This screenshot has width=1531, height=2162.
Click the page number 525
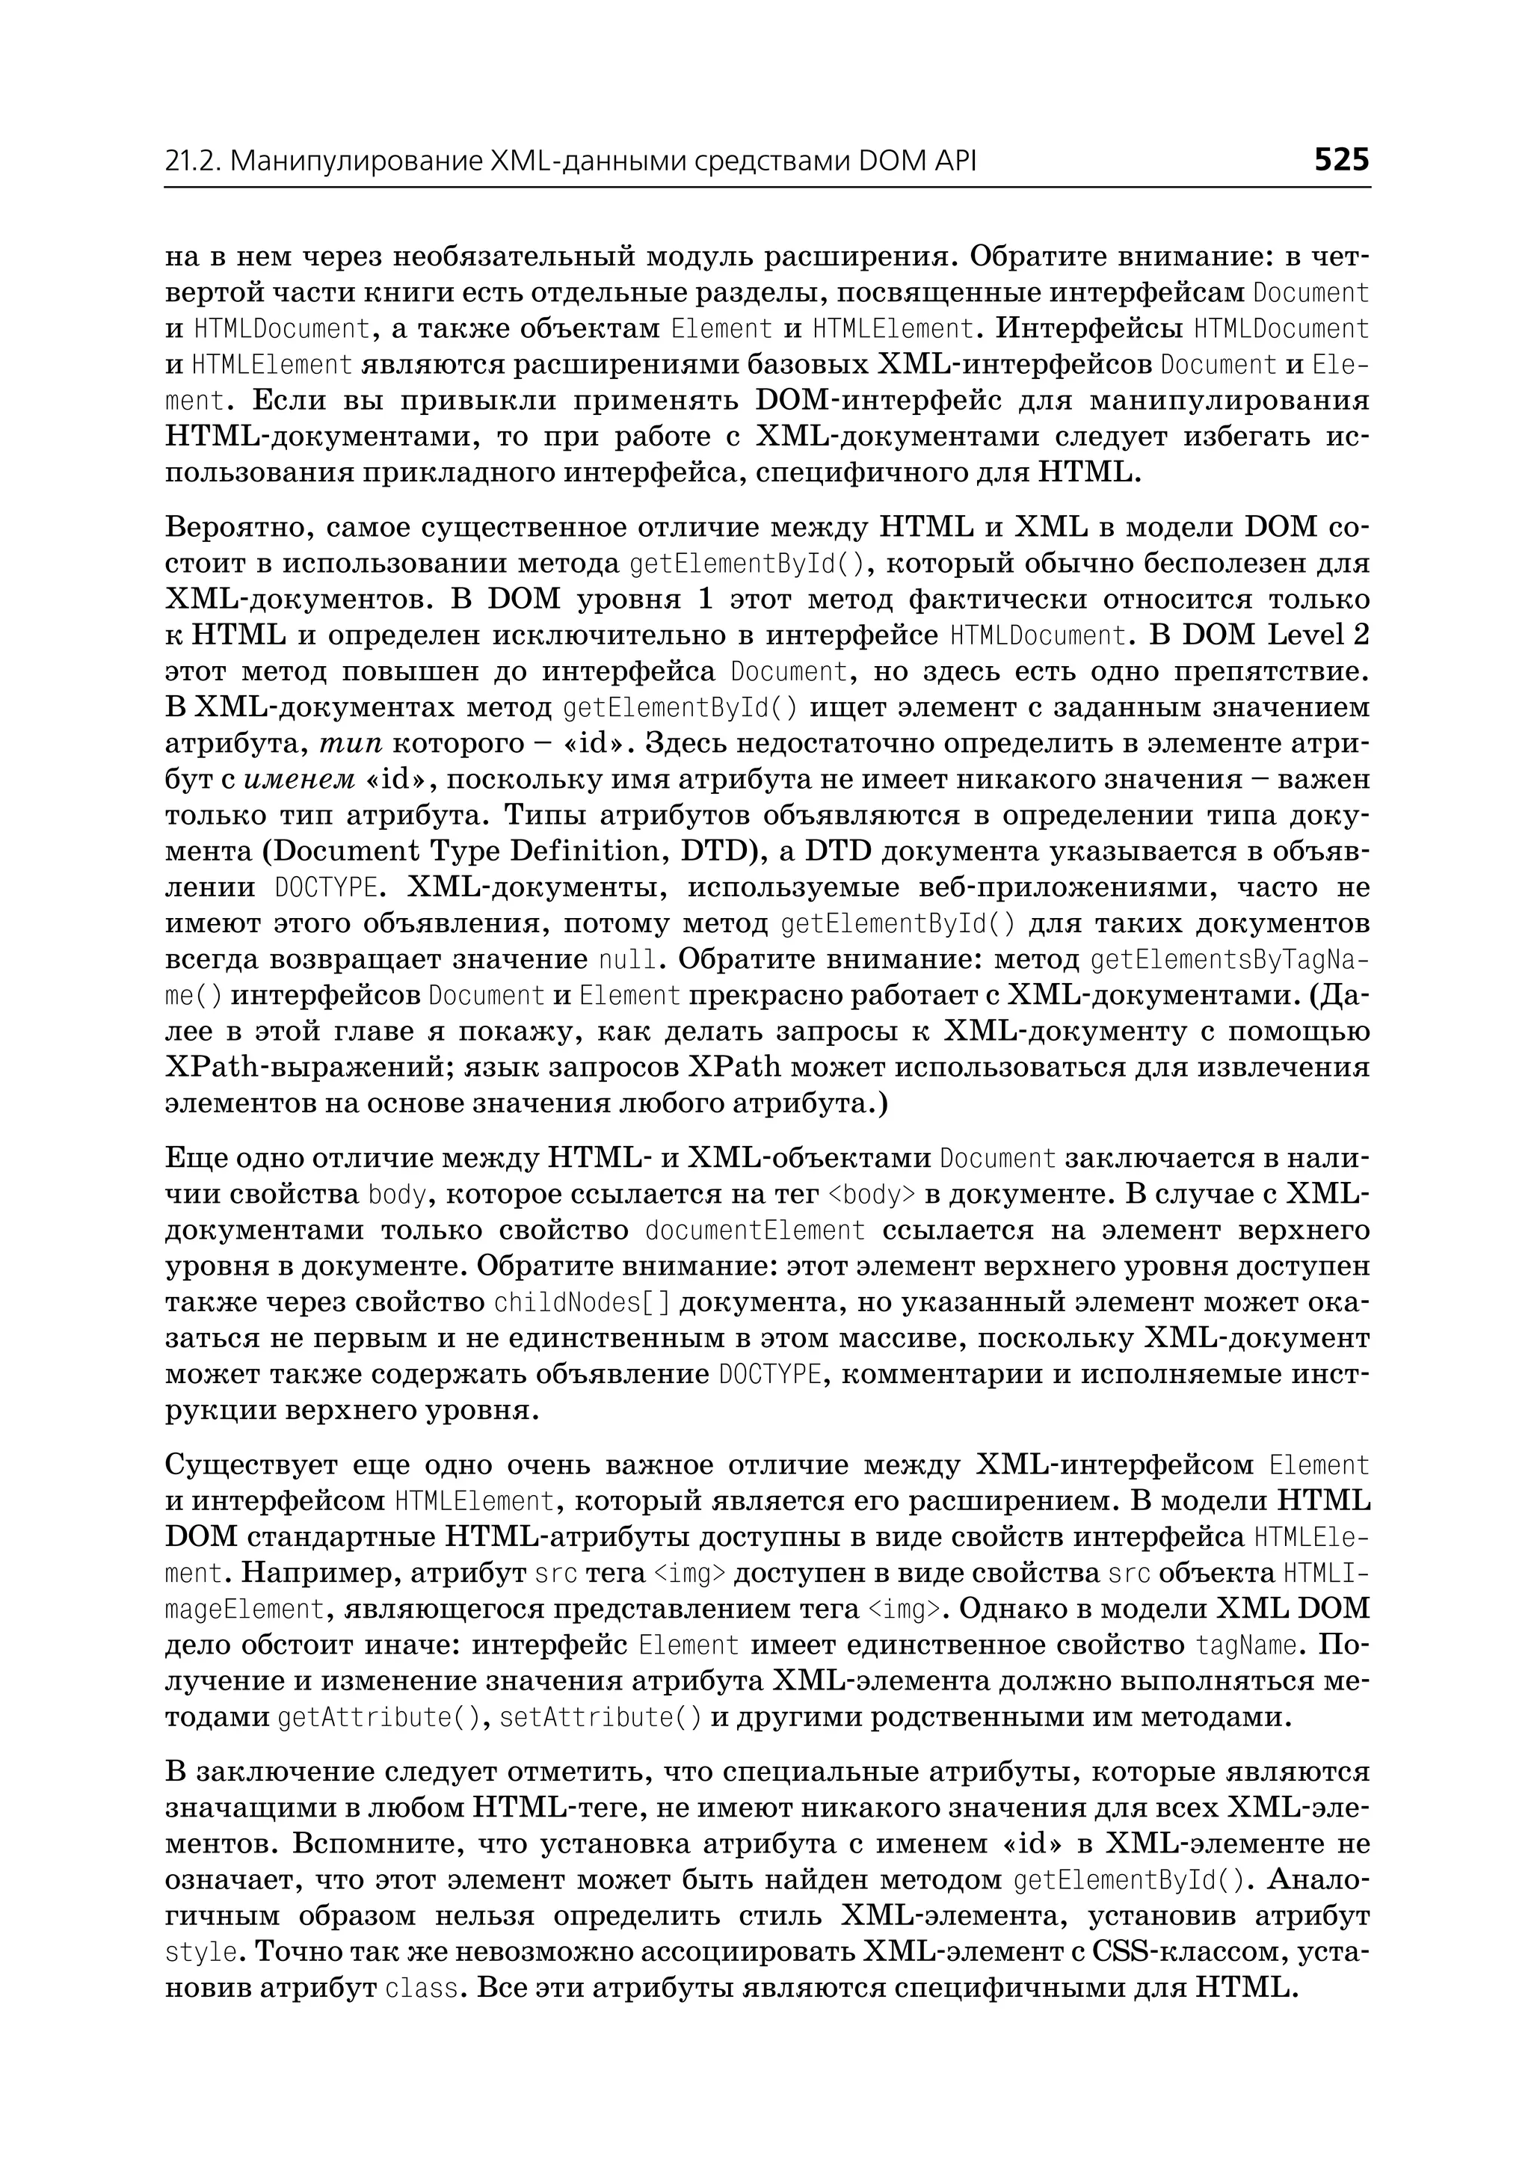pyautogui.click(x=1342, y=160)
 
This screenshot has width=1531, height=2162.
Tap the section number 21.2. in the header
pyautogui.click(x=194, y=162)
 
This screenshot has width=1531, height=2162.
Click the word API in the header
pyautogui.click(x=952, y=162)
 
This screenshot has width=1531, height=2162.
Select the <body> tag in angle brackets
pyautogui.click(x=871, y=1195)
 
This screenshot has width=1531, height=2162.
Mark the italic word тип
pyautogui.click(x=351, y=744)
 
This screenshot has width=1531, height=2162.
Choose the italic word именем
pyautogui.click(x=300, y=780)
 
